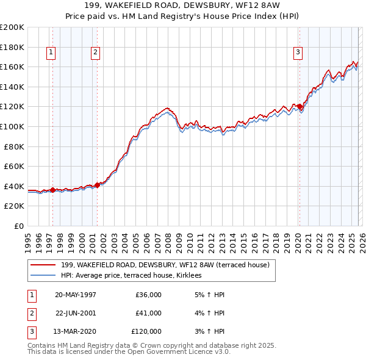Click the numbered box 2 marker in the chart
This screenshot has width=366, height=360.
96,53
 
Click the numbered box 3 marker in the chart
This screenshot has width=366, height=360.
298,53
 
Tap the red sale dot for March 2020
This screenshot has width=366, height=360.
300,107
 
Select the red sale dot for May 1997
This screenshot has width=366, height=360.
53,190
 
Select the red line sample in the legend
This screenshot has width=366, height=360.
43,265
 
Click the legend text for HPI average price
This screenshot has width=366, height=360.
135,276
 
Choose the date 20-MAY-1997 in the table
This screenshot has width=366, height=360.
76,295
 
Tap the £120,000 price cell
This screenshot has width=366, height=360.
146,332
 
